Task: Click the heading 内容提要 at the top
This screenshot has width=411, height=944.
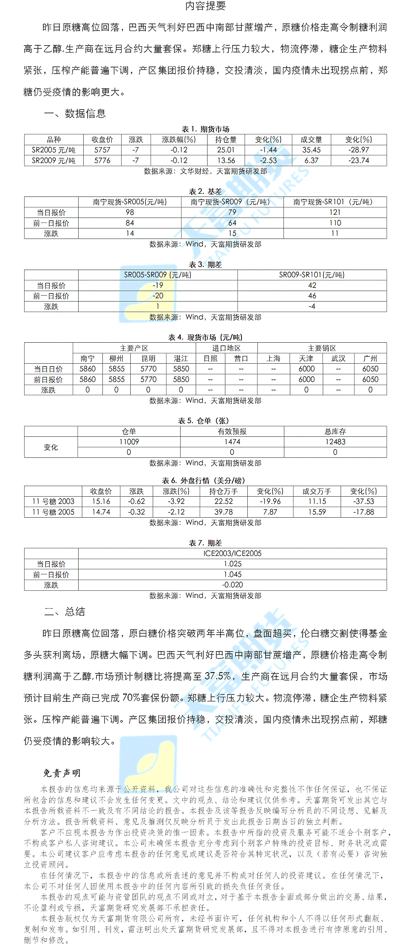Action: click(205, 6)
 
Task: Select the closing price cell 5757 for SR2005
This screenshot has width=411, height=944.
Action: click(102, 150)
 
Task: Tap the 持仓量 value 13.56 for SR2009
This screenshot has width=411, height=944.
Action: click(226, 160)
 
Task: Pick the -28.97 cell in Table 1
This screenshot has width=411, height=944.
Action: click(358, 150)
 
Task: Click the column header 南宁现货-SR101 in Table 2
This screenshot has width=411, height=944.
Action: click(335, 202)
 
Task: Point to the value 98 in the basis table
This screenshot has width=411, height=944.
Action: click(130, 212)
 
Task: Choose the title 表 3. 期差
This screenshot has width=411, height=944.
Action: click(205, 265)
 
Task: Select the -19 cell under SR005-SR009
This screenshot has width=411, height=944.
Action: click(158, 285)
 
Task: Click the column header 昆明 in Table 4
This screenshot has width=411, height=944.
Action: click(148, 358)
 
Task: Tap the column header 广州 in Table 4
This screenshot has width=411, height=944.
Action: click(370, 358)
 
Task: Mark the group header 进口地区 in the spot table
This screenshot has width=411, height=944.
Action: click(226, 348)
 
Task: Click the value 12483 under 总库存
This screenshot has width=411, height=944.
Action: click(335, 442)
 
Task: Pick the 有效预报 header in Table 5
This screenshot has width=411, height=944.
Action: click(232, 431)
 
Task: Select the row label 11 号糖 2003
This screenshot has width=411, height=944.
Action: click(53, 501)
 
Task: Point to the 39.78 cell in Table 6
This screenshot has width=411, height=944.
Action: click(224, 512)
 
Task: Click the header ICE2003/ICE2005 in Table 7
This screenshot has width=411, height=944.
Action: click(232, 553)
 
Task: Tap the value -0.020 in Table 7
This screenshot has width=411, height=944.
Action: click(232, 585)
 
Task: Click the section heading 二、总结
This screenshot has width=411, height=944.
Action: click(64, 612)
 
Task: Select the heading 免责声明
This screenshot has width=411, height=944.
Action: click(62, 773)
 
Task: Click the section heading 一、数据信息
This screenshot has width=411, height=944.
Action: click(75, 113)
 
